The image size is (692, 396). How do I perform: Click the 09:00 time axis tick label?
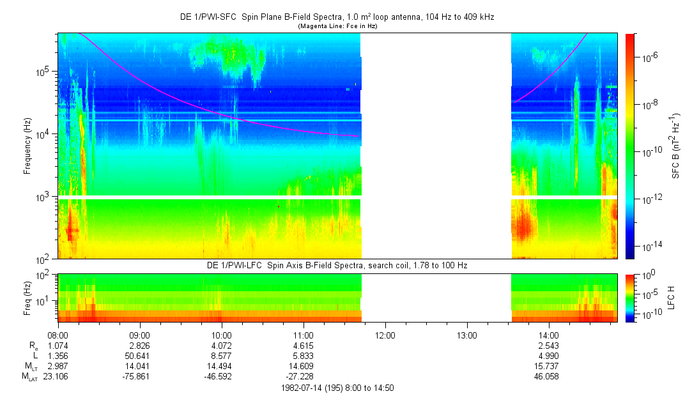coord(140,335)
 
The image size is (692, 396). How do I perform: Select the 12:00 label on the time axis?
coord(385,335)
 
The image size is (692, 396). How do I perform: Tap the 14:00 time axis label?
coord(549,335)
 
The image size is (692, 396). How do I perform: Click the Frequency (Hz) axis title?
coord(27,146)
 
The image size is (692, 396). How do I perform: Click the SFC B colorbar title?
coord(676,146)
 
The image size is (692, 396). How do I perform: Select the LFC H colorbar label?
coord(672,298)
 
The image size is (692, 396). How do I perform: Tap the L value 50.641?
coord(139,356)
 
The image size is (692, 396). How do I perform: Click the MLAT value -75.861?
coord(137,377)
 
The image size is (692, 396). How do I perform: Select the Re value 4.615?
coord(304,346)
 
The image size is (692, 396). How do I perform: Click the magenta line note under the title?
coord(337,26)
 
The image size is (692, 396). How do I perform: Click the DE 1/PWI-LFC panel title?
coord(337,266)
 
